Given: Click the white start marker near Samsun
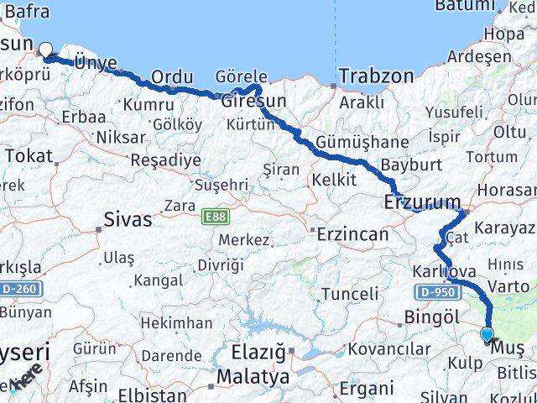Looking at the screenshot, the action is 45,50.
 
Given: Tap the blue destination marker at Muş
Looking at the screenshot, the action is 487,335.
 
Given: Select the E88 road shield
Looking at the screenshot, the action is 213,217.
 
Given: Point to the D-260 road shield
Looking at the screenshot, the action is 20,289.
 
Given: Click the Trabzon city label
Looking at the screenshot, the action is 376,76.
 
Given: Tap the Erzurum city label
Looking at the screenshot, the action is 422,201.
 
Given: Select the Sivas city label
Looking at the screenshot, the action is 128,220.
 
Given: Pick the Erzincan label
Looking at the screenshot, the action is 352,234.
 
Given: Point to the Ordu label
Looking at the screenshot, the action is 171,77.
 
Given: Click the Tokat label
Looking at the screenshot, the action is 29,155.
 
